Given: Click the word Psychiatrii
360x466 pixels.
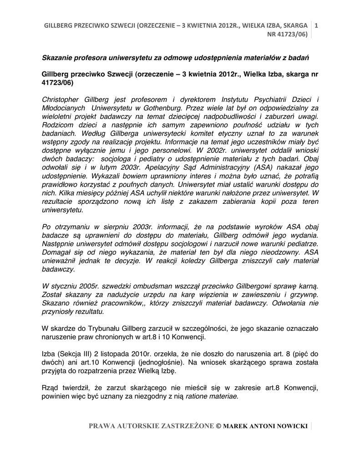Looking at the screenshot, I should point(260,99).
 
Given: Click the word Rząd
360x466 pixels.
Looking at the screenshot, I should point(50,387).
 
